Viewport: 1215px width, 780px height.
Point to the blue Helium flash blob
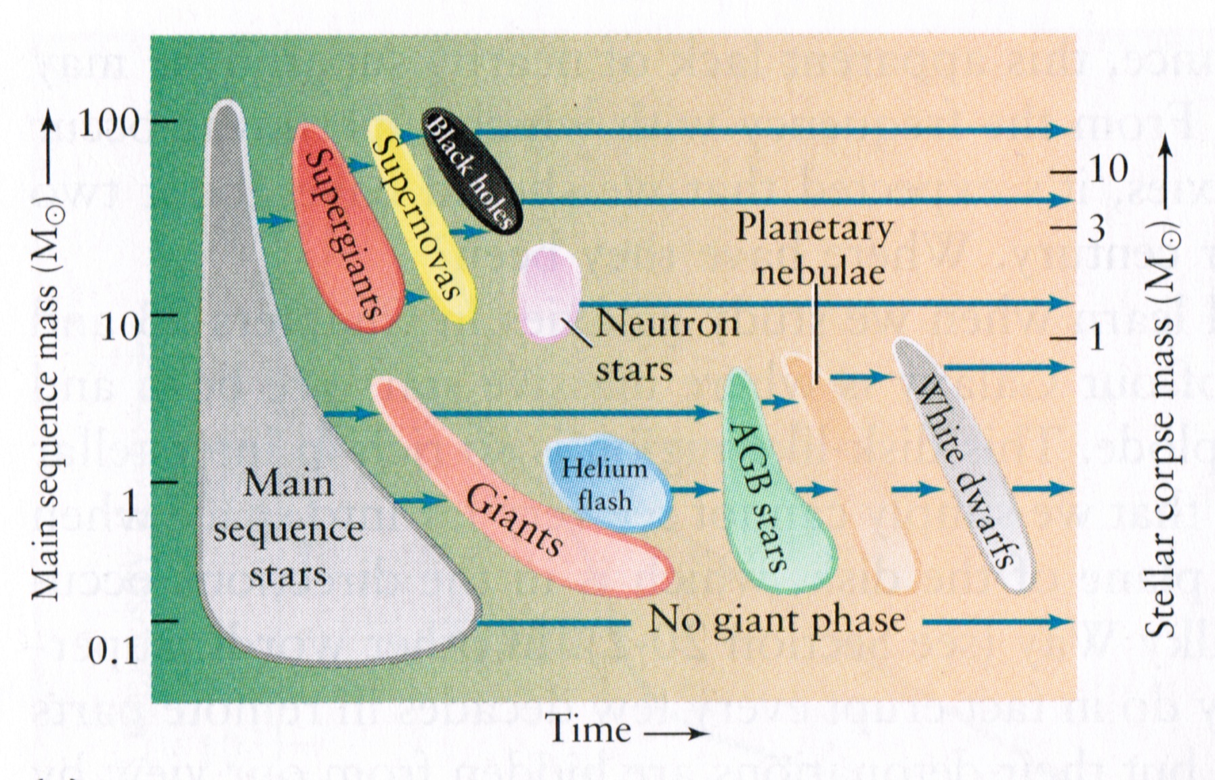tap(606, 483)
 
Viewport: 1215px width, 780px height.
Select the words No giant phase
tap(776, 620)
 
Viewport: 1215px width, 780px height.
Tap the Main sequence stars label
tap(288, 529)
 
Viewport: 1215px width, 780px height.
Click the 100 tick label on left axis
tap(108, 123)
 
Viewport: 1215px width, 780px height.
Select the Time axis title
tap(589, 731)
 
